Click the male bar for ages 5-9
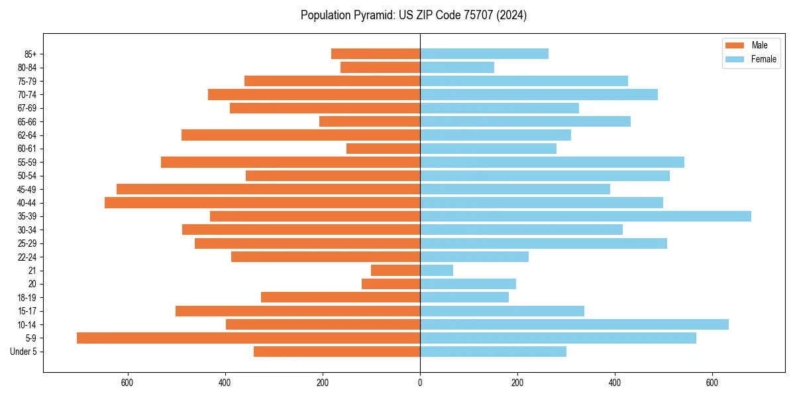248,338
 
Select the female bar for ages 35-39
586,216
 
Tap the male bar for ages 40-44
262,202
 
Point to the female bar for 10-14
574,324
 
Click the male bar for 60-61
384,149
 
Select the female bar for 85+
484,54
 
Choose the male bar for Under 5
337,352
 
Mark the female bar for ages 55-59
553,162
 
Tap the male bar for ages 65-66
370,121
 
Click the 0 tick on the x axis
420,383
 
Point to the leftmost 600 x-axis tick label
128,383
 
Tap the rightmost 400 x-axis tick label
615,383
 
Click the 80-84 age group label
27,68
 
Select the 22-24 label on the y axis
27,257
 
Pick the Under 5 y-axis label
24,352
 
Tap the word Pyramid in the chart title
372,15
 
